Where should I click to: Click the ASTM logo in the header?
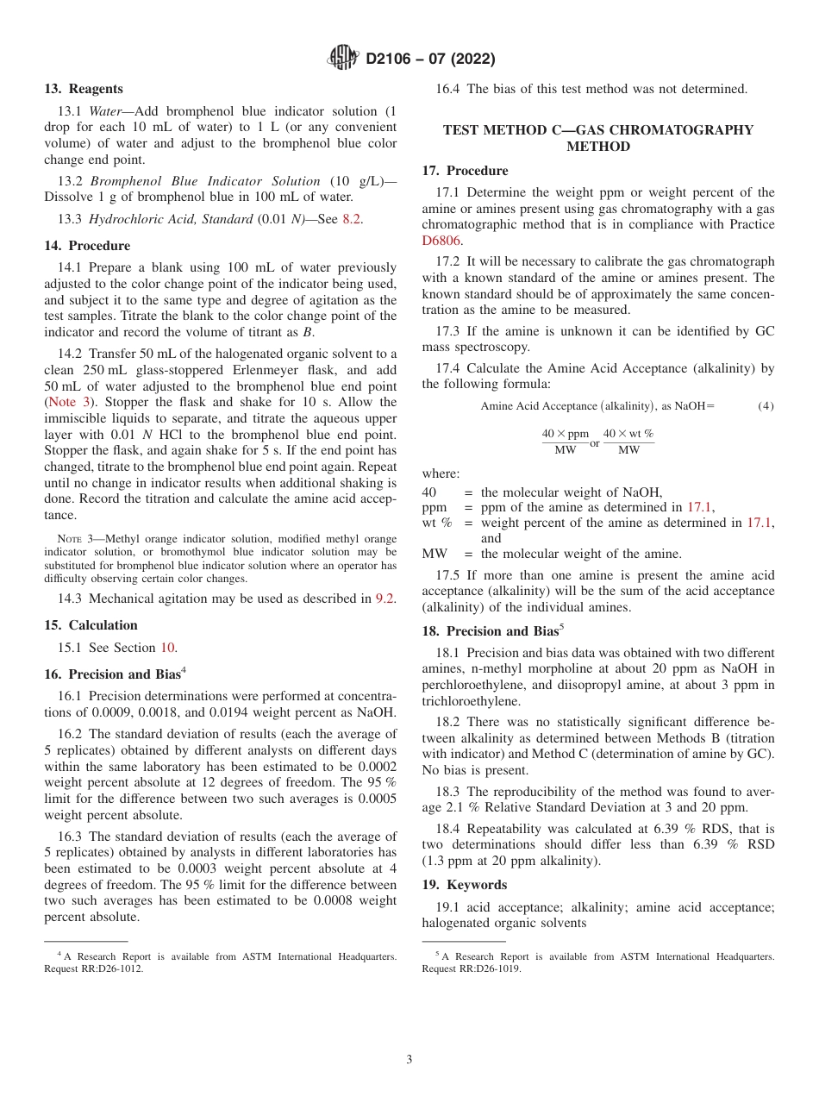coord(344,59)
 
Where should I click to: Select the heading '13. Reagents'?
coord(84,89)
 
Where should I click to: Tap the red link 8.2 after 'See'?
coord(352,219)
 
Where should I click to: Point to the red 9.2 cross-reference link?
coord(385,599)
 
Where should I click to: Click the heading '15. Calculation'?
coord(91,624)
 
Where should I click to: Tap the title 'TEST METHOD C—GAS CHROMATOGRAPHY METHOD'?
coord(597,138)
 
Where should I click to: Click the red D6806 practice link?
coord(441,241)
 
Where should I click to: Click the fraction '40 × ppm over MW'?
coord(565,442)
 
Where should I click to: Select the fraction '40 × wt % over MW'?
coord(628,442)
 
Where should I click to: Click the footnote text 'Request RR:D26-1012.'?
coord(94,968)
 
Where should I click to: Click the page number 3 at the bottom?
coord(409,1060)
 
